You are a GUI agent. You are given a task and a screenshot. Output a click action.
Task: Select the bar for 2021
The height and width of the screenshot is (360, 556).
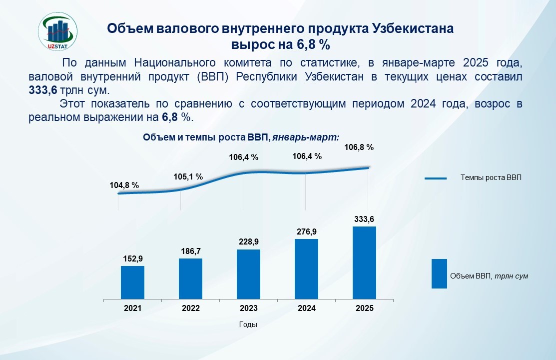coord(132,282)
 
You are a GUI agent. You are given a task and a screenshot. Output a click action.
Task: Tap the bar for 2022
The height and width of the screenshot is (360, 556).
coord(190,278)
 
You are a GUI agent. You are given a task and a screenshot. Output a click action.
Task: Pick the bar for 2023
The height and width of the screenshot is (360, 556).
coord(248,274)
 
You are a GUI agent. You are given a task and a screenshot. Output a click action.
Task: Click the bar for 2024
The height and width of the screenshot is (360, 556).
coord(306,269)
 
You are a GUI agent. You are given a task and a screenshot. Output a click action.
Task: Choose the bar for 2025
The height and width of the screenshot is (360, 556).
coord(364,262)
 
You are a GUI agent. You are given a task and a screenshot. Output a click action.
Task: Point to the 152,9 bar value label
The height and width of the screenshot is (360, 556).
coord(132,259)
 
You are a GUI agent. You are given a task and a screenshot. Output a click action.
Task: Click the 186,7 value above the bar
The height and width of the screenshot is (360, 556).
coord(190,251)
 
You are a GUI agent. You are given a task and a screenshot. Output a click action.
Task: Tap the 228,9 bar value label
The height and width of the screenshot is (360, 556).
coord(248,241)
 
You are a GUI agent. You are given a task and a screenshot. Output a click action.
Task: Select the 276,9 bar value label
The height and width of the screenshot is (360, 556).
coord(306,231)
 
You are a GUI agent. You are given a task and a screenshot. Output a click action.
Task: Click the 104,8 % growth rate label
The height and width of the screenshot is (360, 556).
coord(124,185)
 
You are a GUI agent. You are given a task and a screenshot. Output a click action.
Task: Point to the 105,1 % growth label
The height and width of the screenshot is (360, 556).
coord(188,176)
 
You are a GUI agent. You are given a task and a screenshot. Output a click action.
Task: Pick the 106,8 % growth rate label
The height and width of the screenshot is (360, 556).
coord(359,147)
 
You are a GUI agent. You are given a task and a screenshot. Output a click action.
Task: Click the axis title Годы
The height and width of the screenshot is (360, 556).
coord(248,324)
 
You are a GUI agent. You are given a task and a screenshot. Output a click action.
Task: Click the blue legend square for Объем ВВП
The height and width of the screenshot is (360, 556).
coord(439,273)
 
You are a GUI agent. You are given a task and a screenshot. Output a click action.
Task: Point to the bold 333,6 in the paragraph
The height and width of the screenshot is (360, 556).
coord(43,91)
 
